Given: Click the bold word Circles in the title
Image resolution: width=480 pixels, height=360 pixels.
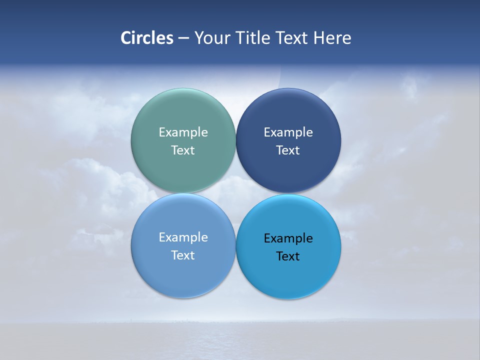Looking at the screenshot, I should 147,38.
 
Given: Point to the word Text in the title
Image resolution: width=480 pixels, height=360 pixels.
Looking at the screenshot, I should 292,38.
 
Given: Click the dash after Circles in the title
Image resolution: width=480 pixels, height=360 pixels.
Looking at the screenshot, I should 183,38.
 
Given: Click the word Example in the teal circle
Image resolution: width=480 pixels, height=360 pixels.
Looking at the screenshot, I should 183,132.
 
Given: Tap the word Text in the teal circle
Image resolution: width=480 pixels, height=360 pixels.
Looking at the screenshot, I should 183,150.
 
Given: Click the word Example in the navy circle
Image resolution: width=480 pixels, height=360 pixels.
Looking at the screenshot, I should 288,132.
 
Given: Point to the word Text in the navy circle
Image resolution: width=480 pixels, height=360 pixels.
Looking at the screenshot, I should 288,150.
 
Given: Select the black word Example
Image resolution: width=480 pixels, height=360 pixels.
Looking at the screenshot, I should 288,238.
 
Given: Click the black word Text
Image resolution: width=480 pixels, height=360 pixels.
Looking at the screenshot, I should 288,256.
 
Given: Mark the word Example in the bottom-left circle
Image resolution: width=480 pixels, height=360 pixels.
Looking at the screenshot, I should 183,237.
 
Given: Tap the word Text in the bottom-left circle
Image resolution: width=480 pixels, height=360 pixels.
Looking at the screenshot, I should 183,255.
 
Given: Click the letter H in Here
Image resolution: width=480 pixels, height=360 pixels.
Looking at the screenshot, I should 318,38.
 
